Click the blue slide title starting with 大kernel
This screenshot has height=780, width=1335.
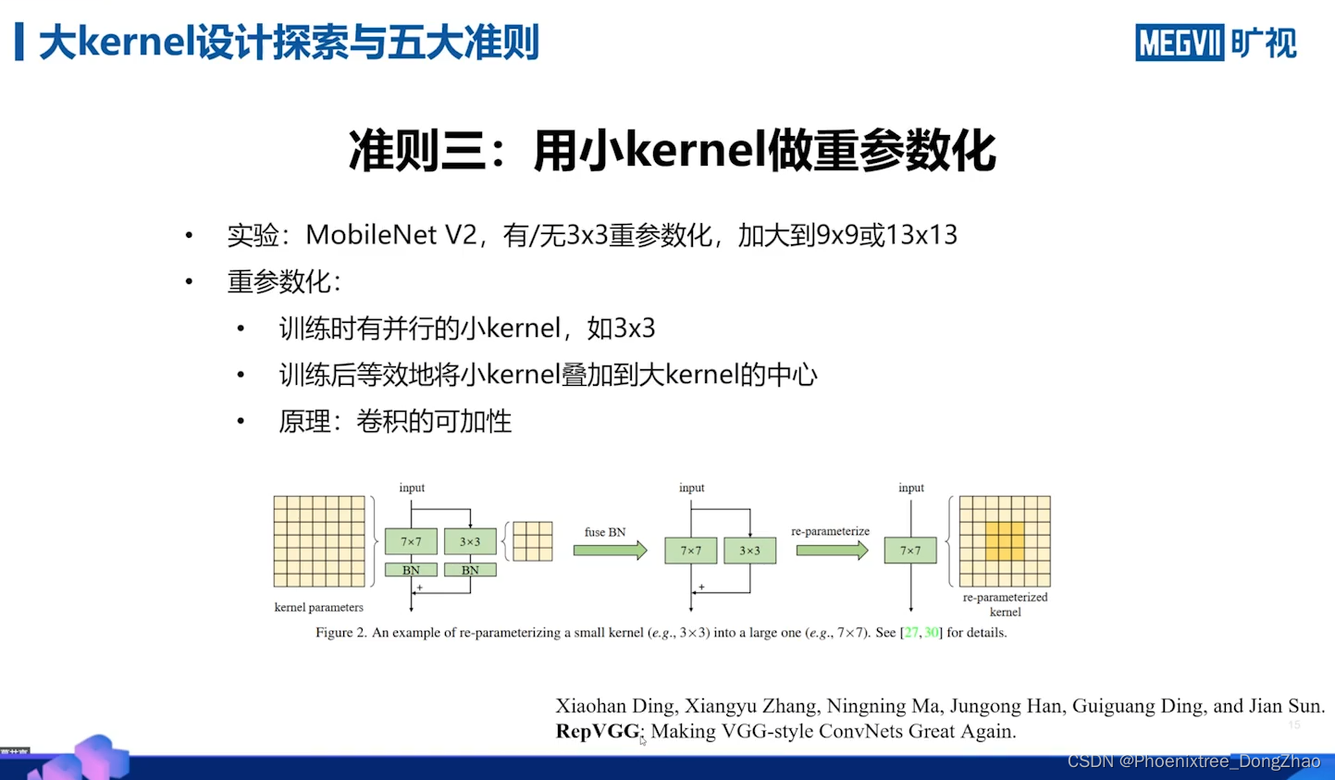(x=289, y=43)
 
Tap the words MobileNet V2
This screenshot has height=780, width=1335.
(x=390, y=235)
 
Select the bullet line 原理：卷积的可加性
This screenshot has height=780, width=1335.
(x=395, y=422)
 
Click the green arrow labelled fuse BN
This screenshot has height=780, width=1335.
(x=610, y=551)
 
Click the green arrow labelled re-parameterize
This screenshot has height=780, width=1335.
(x=832, y=551)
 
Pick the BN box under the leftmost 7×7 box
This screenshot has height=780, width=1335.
(x=411, y=570)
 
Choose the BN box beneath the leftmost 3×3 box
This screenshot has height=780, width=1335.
(x=470, y=570)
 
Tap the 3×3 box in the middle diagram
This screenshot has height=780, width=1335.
(x=749, y=551)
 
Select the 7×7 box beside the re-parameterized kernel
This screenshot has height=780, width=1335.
(x=910, y=551)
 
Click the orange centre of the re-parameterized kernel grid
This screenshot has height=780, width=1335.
(x=1005, y=541)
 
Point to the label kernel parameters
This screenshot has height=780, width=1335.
(x=318, y=607)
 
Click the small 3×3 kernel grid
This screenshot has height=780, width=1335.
(x=533, y=541)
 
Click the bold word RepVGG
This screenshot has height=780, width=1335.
(x=598, y=731)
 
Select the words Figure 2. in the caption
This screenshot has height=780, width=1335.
(x=340, y=633)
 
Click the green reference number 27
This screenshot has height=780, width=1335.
(x=911, y=633)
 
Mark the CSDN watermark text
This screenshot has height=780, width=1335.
(x=1193, y=761)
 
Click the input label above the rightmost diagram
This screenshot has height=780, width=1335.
(x=911, y=488)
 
